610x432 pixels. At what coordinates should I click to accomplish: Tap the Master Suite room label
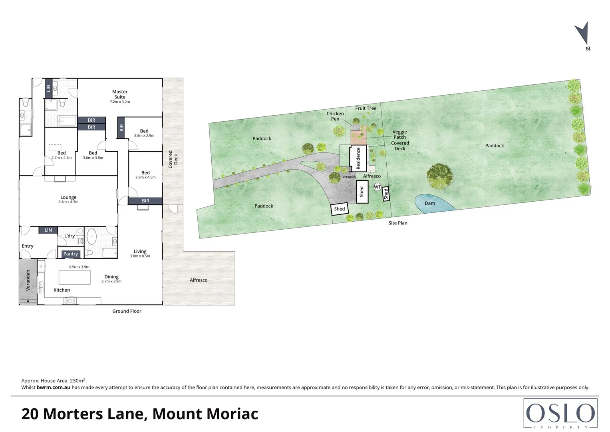120,94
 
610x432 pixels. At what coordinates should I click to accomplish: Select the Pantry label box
71,254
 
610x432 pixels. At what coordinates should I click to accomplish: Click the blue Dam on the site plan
433,203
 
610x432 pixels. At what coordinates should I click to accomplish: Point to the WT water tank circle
378,187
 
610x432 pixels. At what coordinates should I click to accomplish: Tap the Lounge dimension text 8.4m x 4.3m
68,202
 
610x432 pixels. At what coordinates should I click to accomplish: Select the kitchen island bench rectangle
74,277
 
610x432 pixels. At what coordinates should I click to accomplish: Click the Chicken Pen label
335,116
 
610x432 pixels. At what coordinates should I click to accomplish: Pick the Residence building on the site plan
358,158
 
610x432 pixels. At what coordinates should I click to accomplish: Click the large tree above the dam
439,176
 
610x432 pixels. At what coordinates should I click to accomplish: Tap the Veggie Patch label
399,134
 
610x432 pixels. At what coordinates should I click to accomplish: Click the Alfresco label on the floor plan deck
199,280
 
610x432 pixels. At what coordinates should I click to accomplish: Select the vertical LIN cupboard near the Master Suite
48,88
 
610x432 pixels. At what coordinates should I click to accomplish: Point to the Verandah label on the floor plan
28,280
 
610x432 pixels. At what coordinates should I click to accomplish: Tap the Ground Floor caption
127,311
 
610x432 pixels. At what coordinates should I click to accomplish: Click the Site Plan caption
398,223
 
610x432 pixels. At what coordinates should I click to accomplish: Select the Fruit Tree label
366,108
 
